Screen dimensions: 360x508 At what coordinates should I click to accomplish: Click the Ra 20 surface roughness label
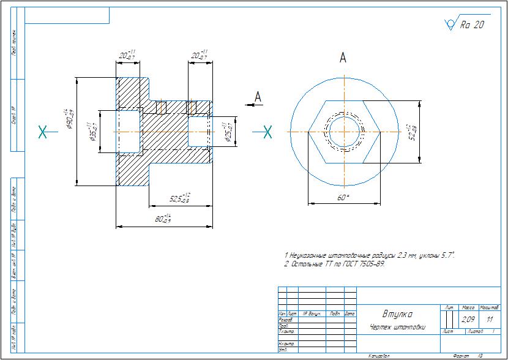(x=471, y=25)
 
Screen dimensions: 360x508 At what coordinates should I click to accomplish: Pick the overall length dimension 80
(x=163, y=218)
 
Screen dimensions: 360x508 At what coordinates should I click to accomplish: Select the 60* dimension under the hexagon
(x=343, y=197)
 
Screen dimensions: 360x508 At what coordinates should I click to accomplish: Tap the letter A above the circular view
(x=343, y=58)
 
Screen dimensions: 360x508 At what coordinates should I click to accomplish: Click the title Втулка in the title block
(x=397, y=314)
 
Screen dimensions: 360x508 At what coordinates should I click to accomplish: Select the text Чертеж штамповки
(x=397, y=327)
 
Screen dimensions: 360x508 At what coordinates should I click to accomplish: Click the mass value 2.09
(x=468, y=319)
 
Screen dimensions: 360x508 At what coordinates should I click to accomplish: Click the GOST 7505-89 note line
(x=335, y=264)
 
